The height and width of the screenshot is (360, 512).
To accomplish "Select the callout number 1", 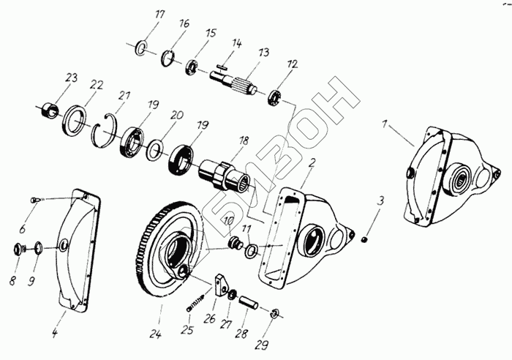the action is click(x=385, y=124).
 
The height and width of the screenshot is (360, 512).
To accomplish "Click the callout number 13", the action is click(x=263, y=53).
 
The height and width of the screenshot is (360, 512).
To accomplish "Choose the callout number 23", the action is click(x=71, y=78).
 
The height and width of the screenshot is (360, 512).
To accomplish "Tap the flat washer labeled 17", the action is click(x=143, y=49).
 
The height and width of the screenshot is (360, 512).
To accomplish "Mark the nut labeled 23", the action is click(x=48, y=110).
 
